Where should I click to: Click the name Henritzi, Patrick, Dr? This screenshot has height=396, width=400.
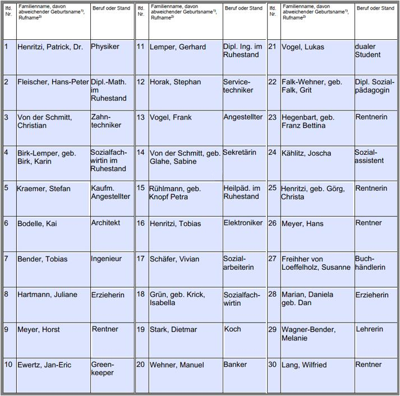point(49,47)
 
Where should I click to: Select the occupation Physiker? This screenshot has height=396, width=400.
point(105,47)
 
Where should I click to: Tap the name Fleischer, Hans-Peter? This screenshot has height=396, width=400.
point(53,82)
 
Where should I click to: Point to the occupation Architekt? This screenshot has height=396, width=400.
point(105,223)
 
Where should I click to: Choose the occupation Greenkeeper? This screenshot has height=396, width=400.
point(103,369)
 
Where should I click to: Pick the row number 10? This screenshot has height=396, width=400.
point(8,365)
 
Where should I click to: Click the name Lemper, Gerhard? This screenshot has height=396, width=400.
point(178,47)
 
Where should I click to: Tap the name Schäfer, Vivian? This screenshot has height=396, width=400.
point(174,259)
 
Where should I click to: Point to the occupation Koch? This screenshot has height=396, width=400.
point(232,329)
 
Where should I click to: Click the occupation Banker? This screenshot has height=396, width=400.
point(235,364)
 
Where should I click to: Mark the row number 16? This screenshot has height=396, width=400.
point(140,223)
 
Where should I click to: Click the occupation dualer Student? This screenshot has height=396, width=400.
point(368,50)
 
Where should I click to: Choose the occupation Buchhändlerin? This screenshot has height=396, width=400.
point(370,263)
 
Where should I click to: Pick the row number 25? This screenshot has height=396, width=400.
point(273,188)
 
